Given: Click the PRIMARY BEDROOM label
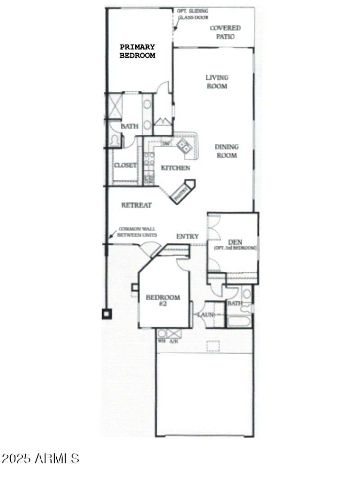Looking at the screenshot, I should (137, 51).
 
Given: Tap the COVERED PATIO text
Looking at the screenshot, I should (225, 32).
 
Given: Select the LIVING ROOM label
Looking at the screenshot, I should (217, 81).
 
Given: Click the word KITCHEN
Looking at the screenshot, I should (175, 168).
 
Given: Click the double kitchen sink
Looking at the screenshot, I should (183, 145).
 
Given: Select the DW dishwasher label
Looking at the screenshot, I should (166, 144).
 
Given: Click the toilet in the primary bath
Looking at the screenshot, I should (114, 140).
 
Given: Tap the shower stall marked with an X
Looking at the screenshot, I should (115, 107).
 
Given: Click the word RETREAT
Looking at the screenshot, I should (136, 205).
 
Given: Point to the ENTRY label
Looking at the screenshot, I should (187, 236).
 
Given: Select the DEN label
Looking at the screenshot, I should (235, 242).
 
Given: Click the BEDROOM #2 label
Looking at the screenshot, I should (162, 301).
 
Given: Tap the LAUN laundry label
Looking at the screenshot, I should (205, 314).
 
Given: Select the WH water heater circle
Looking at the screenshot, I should (162, 333).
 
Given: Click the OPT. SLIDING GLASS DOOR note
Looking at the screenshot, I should (191, 15).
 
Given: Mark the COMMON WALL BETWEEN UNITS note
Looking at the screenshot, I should (137, 232).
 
